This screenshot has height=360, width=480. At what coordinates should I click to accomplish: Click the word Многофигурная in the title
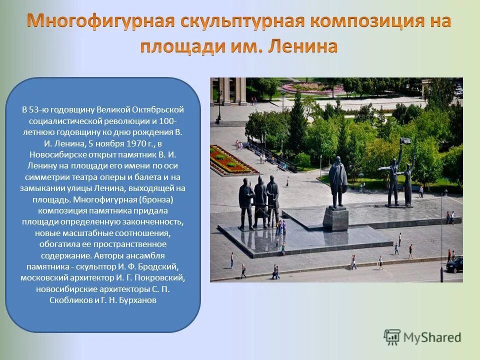(100, 21)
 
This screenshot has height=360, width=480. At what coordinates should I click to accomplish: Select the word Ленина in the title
(303, 46)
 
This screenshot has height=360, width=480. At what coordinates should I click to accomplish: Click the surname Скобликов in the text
(70, 300)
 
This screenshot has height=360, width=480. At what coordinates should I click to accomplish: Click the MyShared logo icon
(392, 338)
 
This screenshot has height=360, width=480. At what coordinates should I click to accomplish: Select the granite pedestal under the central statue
(336, 218)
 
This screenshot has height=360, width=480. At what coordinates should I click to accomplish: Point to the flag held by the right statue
(405, 142)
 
